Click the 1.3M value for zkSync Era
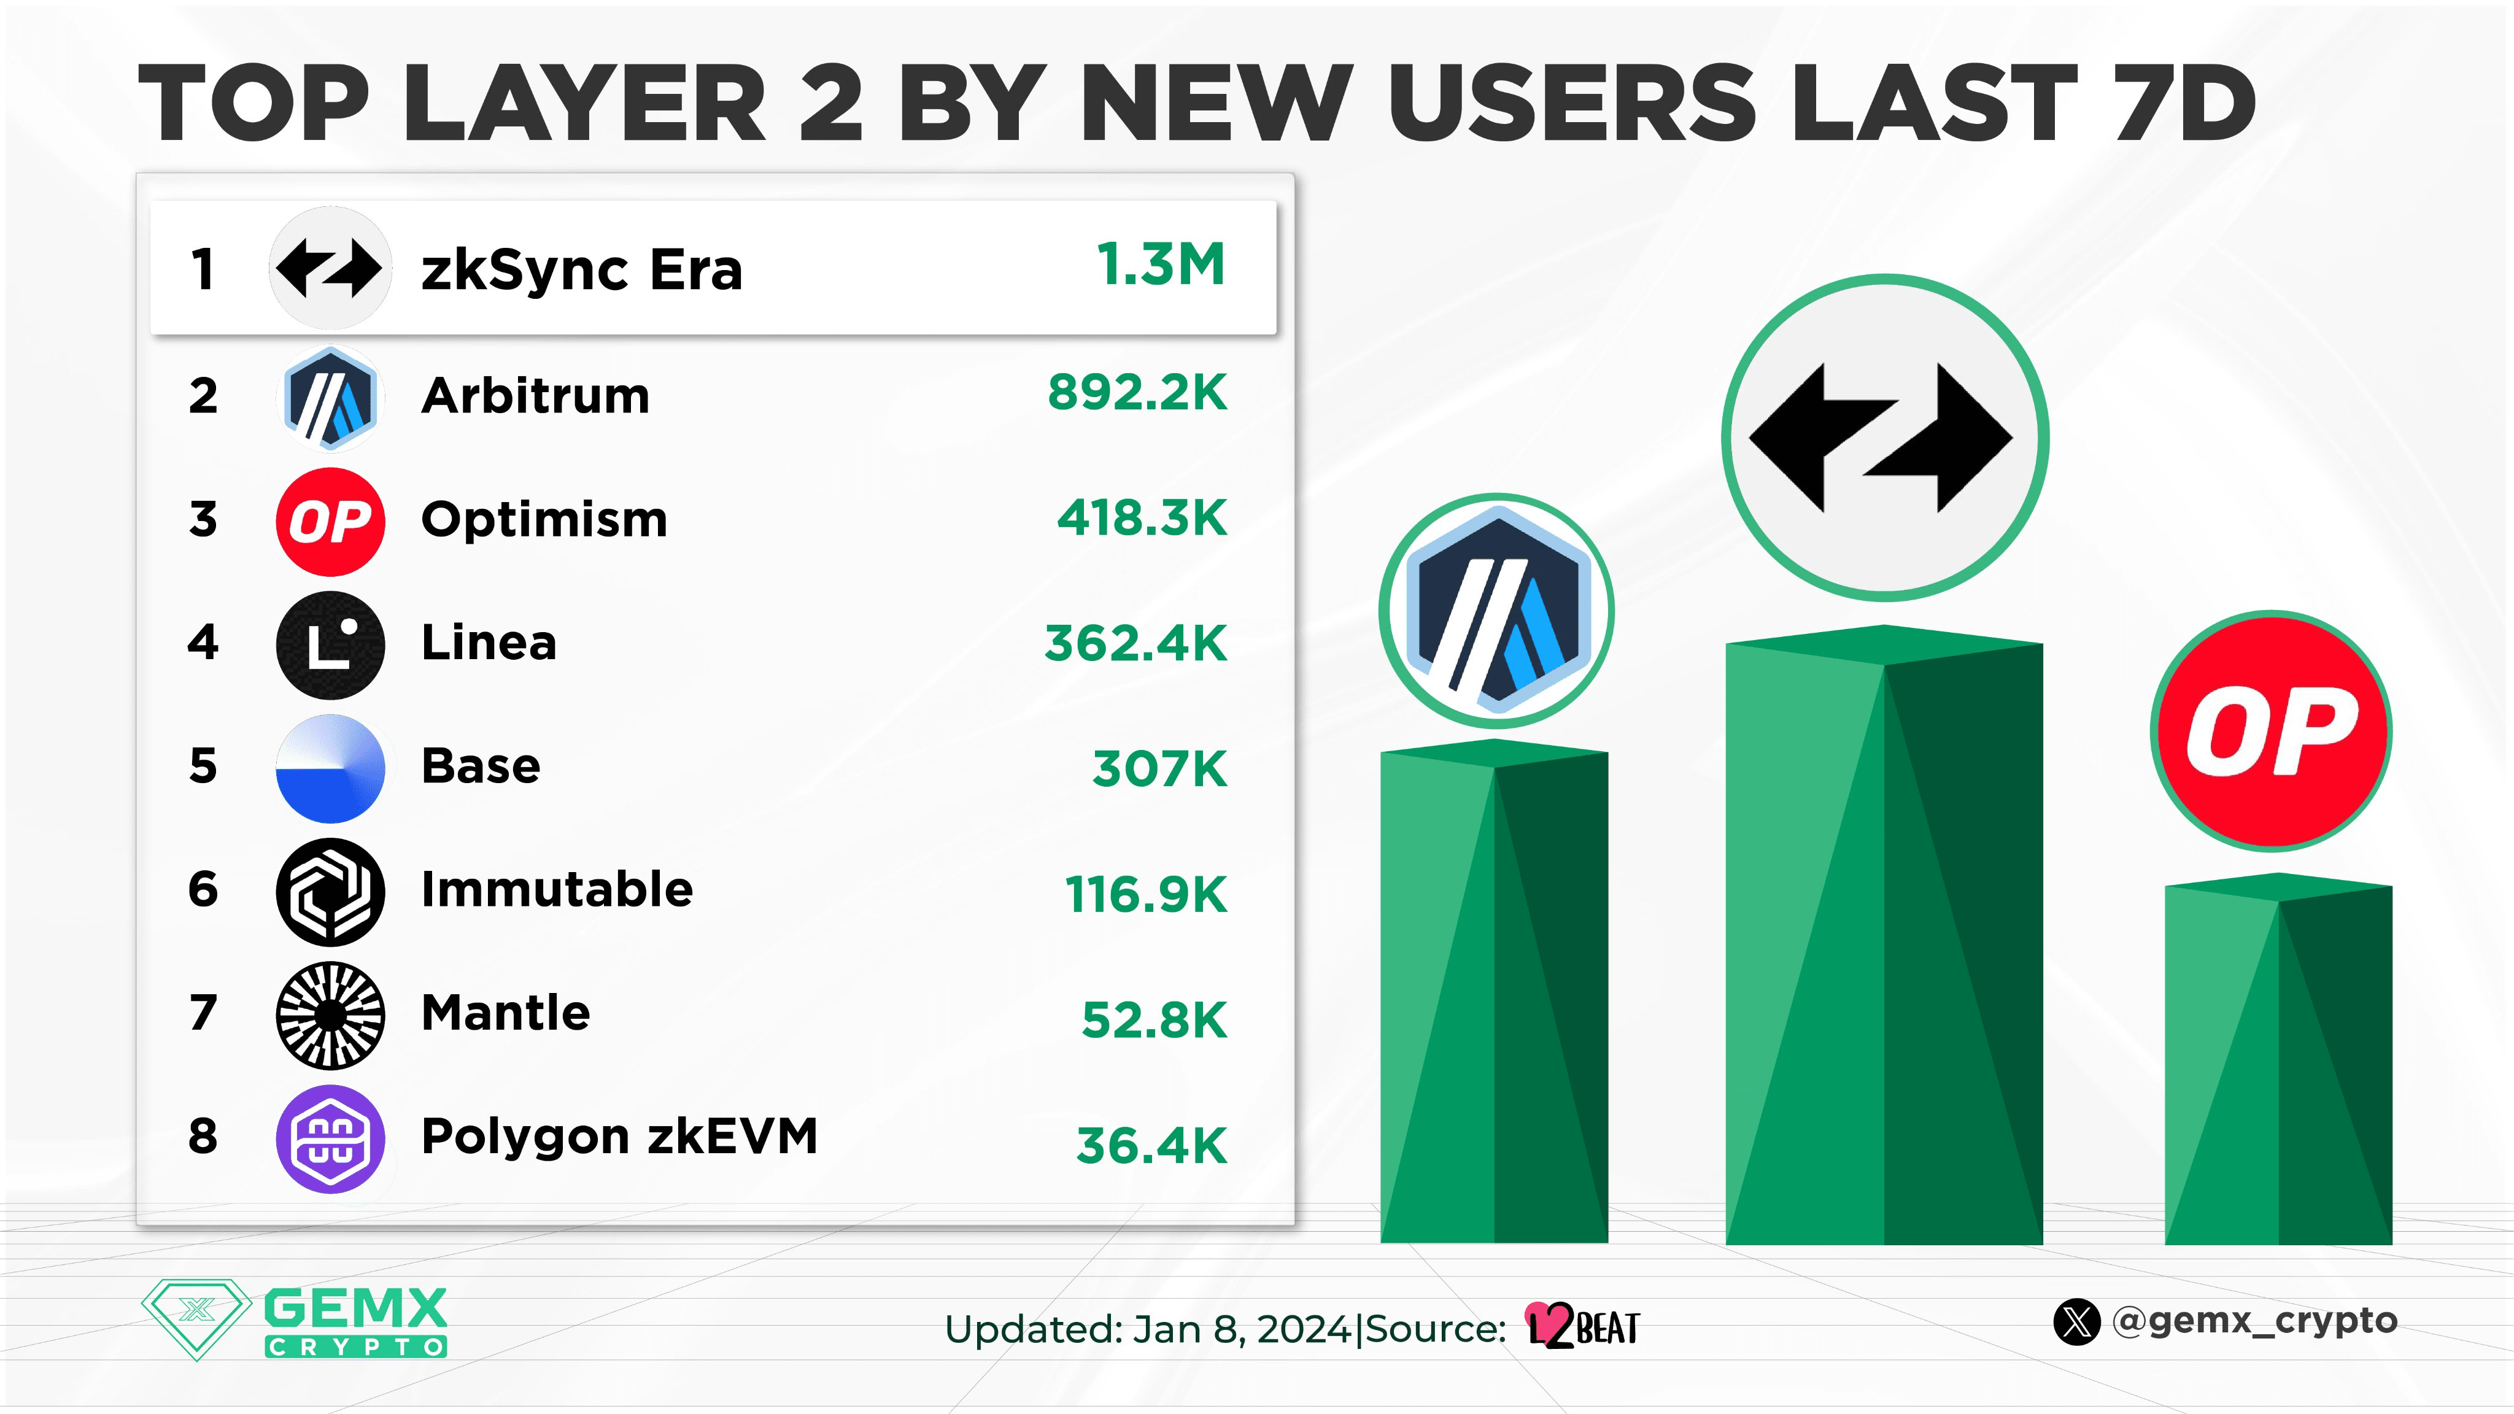pos(1161,265)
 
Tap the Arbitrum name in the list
pos(535,396)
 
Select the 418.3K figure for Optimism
pos(1142,518)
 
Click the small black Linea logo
pos(330,645)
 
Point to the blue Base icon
pos(330,768)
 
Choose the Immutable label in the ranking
pos(556,890)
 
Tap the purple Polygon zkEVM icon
pos(330,1139)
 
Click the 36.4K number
pos(1151,1146)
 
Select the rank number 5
pos(203,766)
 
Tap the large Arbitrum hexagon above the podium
pos(1496,611)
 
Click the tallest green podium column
pos(1884,946)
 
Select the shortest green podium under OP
pos(2278,1064)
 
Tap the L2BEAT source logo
pos(1583,1327)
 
